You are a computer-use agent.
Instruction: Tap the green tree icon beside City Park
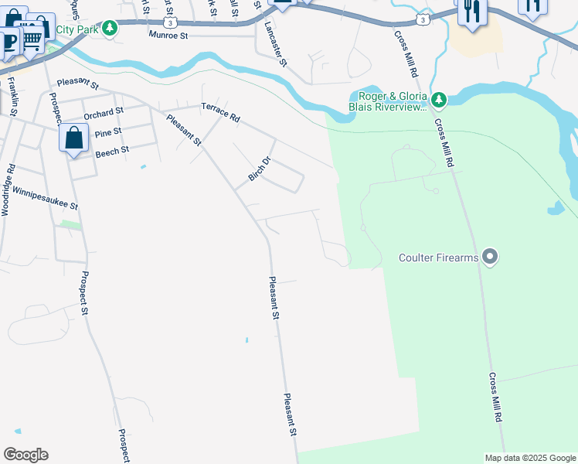coord(110,29)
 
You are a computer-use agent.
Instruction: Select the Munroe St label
coord(169,36)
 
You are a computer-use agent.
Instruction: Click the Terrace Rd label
coord(221,112)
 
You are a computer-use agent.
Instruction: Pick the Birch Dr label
coord(260,169)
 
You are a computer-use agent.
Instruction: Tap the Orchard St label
coord(104,113)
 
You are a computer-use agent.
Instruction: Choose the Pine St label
coord(107,132)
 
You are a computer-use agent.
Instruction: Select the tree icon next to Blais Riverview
coord(439,100)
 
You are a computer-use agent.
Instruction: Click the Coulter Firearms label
coord(439,258)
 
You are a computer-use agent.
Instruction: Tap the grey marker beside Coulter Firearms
coord(489,256)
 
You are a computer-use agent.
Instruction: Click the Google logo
coord(25,455)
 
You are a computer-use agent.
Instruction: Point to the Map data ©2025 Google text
coord(530,458)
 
